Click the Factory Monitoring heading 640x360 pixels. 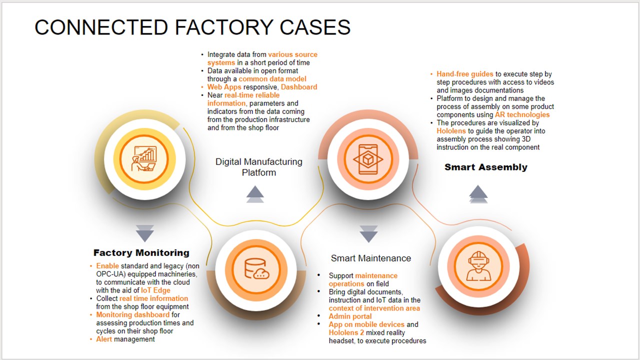pyautogui.click(x=141, y=252)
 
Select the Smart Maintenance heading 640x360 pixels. pyautogui.click(x=370, y=258)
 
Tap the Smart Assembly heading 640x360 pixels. pyautogui.click(x=485, y=167)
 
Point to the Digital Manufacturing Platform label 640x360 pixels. pyautogui.click(x=258, y=167)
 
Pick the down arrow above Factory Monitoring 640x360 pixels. pyautogui.click(x=144, y=232)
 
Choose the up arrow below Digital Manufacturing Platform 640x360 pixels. pyautogui.click(x=255, y=193)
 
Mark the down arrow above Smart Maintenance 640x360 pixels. pyautogui.click(x=368, y=233)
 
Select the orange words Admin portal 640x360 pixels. pyautogui.click(x=350, y=316)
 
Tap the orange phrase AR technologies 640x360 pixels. pyautogui.click(x=522, y=114)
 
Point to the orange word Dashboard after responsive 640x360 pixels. pyautogui.click(x=299, y=86)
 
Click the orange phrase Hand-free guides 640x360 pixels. pyautogui.click(x=464, y=74)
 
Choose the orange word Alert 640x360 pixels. pyautogui.click(x=104, y=339)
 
